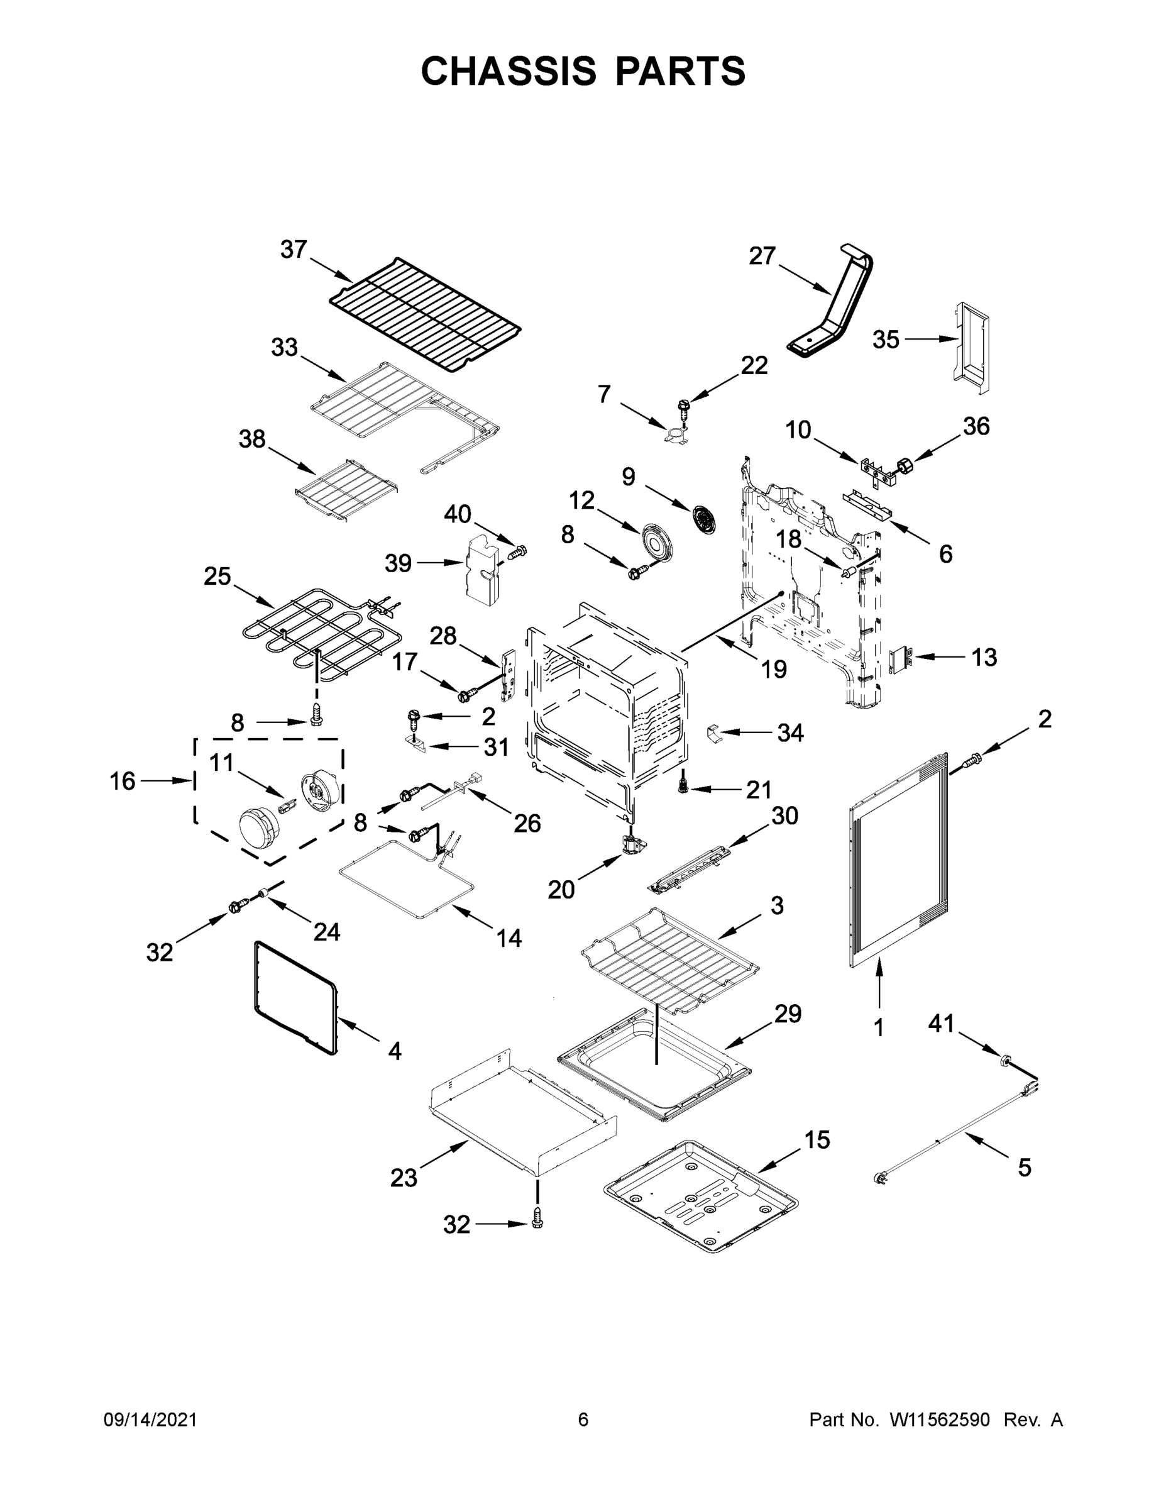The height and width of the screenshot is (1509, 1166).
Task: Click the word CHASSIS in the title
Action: pyautogui.click(x=509, y=71)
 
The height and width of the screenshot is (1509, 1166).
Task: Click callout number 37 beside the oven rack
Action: pyautogui.click(x=293, y=250)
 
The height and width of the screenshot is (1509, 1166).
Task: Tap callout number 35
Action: pyautogui.click(x=886, y=340)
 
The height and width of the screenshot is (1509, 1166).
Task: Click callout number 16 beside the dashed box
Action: pyautogui.click(x=123, y=781)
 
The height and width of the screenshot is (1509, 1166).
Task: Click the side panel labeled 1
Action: pyautogui.click(x=894, y=860)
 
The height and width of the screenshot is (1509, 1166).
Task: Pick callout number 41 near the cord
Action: pyautogui.click(x=941, y=1023)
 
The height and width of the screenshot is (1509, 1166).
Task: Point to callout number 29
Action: pyautogui.click(x=788, y=1014)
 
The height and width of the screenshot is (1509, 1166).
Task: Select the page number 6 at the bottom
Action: pyautogui.click(x=583, y=1419)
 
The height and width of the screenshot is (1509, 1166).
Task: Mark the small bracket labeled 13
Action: pyautogui.click(x=900, y=660)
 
